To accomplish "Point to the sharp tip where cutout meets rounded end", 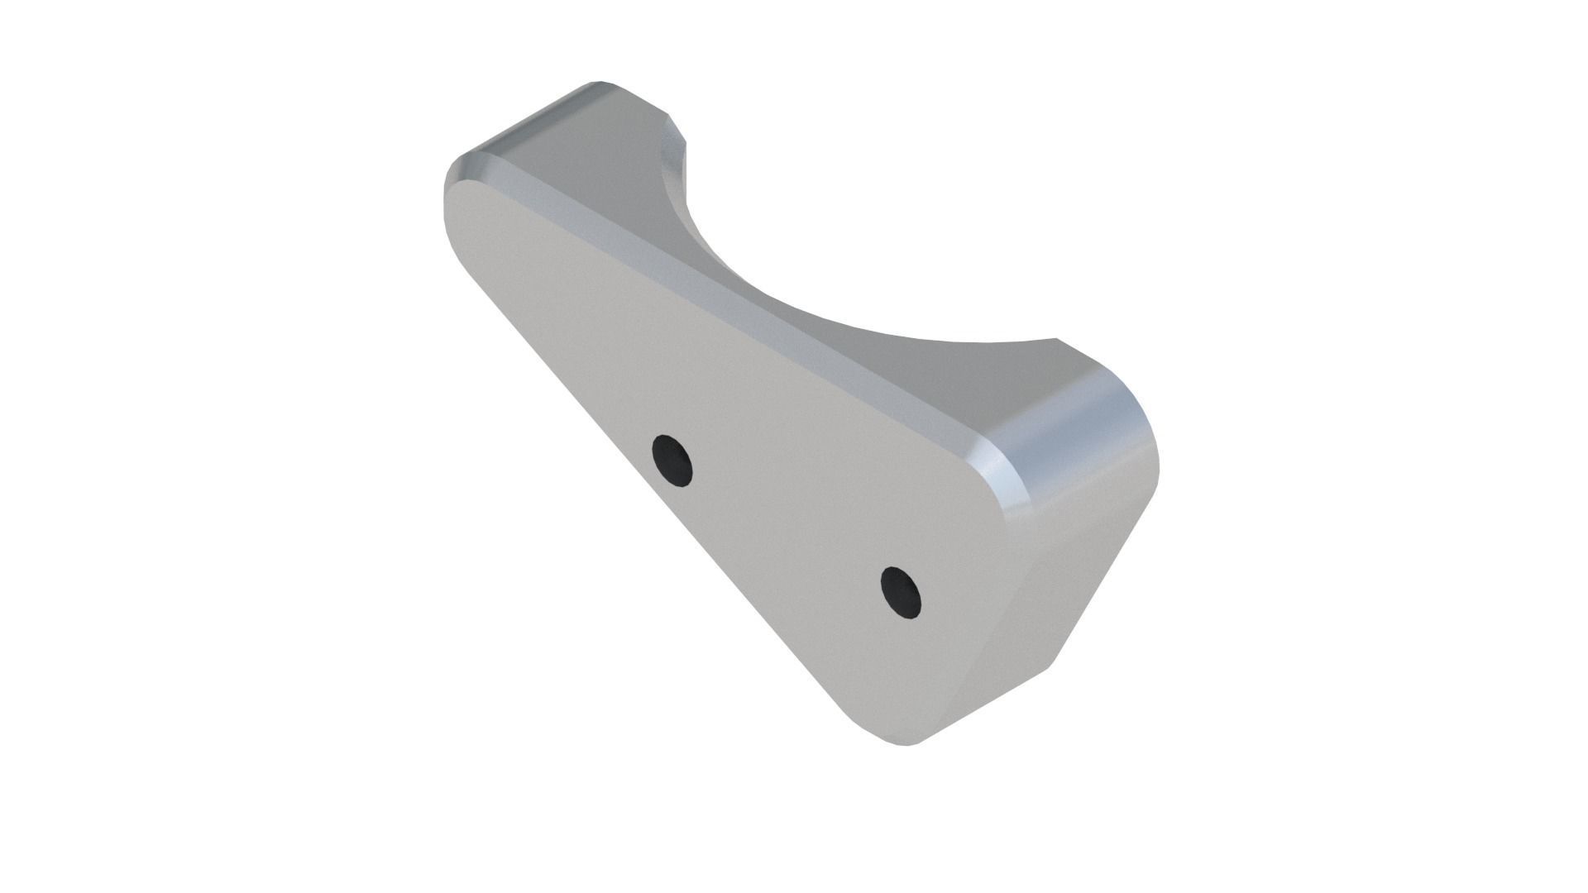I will click(x=1057, y=340).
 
